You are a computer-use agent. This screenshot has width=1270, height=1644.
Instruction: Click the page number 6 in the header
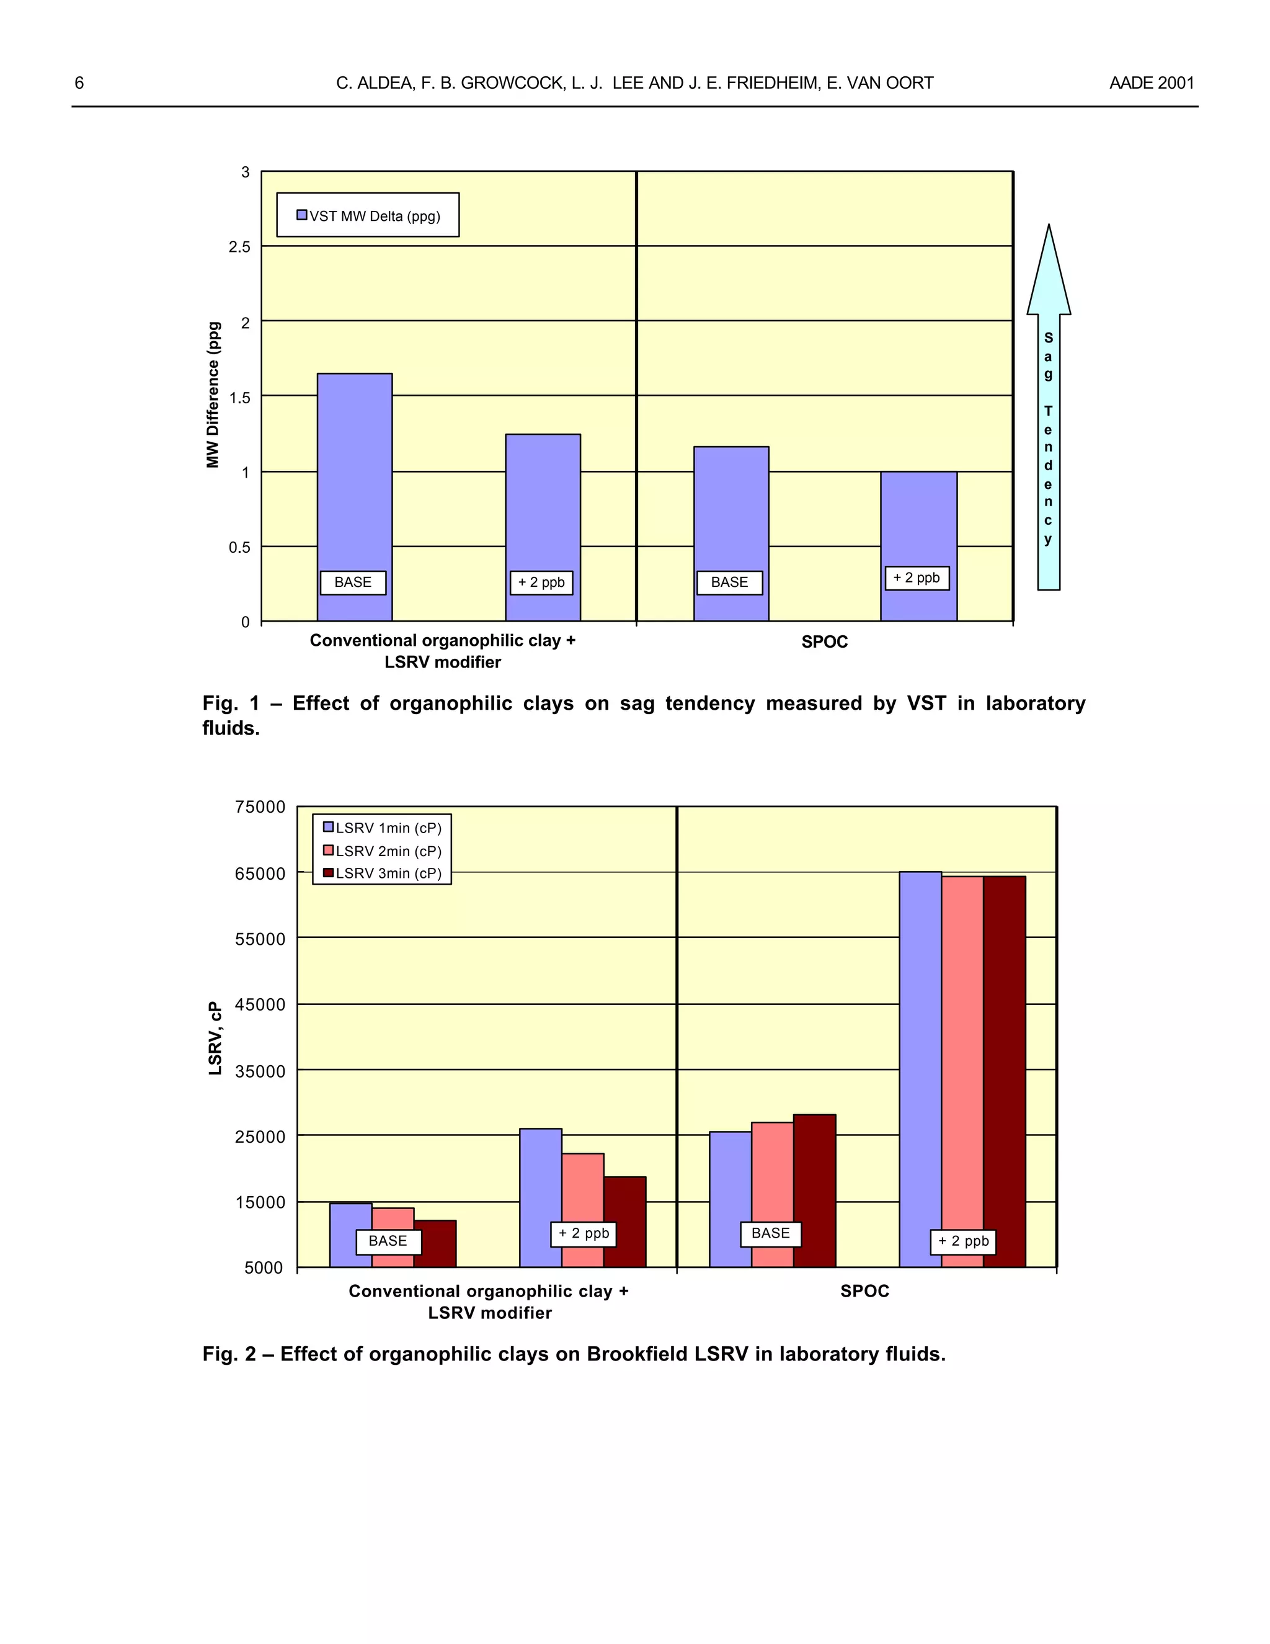point(79,83)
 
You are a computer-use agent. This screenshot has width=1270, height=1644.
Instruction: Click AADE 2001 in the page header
point(1151,83)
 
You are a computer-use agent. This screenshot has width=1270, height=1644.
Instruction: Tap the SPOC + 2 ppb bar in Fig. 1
point(918,527)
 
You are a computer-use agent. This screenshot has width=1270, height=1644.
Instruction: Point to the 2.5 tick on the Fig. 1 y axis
point(239,247)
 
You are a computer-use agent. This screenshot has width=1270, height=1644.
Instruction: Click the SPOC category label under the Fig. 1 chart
point(825,642)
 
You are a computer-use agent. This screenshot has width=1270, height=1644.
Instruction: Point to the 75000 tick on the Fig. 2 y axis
point(260,807)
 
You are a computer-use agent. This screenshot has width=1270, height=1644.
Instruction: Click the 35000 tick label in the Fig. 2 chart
point(260,1071)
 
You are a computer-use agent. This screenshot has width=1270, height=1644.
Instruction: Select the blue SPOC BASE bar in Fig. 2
point(730,1182)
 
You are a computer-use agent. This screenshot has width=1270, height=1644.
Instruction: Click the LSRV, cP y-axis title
point(215,1038)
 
